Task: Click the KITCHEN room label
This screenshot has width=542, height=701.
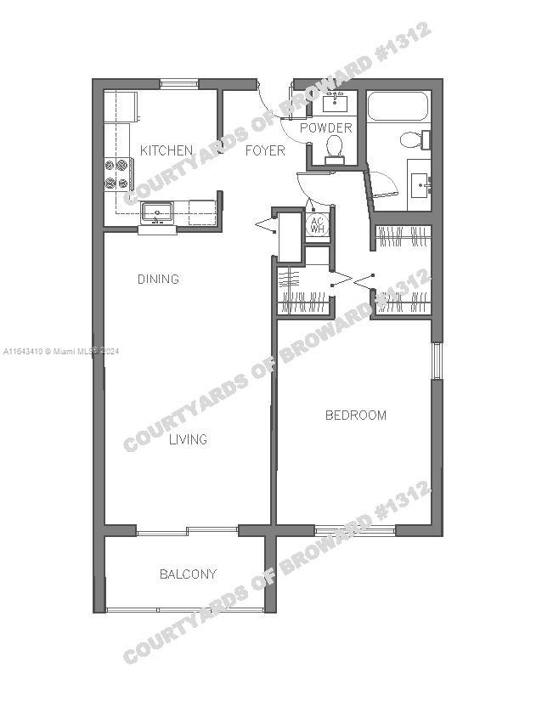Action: pos(167,150)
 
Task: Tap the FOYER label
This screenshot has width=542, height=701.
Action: pos(265,150)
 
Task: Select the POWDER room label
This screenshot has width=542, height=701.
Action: pos(325,127)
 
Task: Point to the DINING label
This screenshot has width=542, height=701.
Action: pos(158,279)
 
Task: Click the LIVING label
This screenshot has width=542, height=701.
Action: pos(188,439)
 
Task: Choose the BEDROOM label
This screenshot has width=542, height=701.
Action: pos(356,416)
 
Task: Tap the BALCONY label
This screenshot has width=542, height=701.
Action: pos(188,574)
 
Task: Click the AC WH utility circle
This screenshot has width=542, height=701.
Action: pos(317,225)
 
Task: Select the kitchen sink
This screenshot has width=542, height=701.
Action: pos(157,212)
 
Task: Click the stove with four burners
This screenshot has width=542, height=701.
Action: pos(118,174)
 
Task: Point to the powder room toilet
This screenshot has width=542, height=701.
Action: pos(335,150)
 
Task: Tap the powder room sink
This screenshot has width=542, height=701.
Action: pos(335,102)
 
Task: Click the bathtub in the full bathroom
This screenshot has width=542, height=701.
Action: pos(398,106)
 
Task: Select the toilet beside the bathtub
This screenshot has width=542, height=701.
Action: pos(415,139)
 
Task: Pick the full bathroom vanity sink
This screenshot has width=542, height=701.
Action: pos(419,185)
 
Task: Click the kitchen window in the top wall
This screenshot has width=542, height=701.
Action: pos(179,84)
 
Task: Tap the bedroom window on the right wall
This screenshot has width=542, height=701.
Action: pos(437,361)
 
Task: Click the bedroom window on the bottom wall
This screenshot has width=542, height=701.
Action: pos(355,531)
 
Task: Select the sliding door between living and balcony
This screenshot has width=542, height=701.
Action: pos(187,531)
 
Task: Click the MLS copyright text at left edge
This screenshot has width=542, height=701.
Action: pos(61,352)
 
